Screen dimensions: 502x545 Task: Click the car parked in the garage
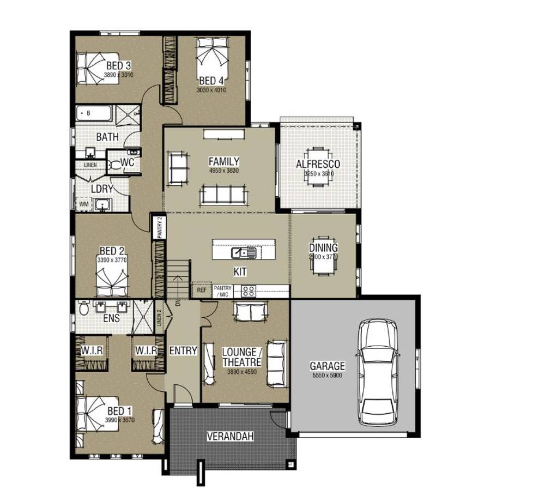pos(378,373)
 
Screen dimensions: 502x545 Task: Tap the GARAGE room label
pos(327,366)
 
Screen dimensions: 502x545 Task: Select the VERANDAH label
pos(229,436)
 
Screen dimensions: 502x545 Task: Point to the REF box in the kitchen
pos(202,291)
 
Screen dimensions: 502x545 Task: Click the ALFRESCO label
pos(318,164)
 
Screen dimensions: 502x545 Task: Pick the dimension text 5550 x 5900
pos(327,376)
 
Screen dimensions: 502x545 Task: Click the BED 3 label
pos(118,66)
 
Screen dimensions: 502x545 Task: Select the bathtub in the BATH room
pos(93,113)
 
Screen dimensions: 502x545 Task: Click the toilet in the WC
pos(115,164)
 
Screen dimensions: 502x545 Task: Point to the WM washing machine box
pos(84,204)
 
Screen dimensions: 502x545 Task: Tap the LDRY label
pos(102,189)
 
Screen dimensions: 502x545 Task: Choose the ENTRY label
pos(183,351)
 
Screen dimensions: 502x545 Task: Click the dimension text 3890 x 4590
pos(241,372)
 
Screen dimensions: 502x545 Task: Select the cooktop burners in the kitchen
pos(249,291)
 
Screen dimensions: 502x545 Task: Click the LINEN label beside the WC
pos(90,164)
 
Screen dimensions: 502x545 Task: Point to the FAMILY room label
pos(223,161)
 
